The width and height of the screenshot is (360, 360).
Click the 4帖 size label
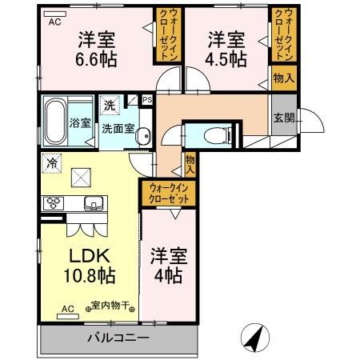[168, 276]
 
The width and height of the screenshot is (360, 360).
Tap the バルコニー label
[118, 338]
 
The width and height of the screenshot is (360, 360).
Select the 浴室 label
[80, 123]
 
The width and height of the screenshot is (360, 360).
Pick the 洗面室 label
[117, 127]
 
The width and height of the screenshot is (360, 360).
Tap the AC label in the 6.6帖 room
[55, 22]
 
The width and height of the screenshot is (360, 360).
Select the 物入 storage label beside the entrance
[283, 78]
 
